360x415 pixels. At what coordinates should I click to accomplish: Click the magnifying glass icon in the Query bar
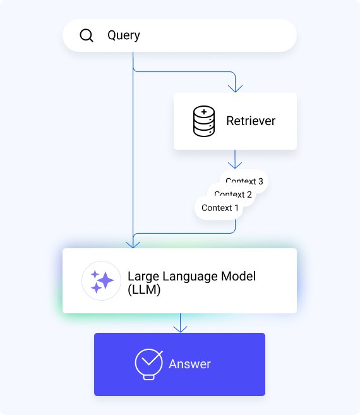[87, 35]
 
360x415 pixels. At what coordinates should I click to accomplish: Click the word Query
[124, 35]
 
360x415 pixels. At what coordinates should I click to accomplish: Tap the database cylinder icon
[203, 122]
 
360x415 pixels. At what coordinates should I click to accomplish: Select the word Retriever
[251, 121]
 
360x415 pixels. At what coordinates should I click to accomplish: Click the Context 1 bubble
[220, 208]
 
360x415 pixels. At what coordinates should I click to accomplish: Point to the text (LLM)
[144, 291]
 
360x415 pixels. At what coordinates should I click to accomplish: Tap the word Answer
[189, 364]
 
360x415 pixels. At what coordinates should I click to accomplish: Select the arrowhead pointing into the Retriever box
[235, 89]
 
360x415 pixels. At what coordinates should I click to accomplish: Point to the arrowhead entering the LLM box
[133, 244]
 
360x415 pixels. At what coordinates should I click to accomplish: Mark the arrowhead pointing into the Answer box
[181, 328]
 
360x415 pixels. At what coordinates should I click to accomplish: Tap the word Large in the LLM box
[142, 277]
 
